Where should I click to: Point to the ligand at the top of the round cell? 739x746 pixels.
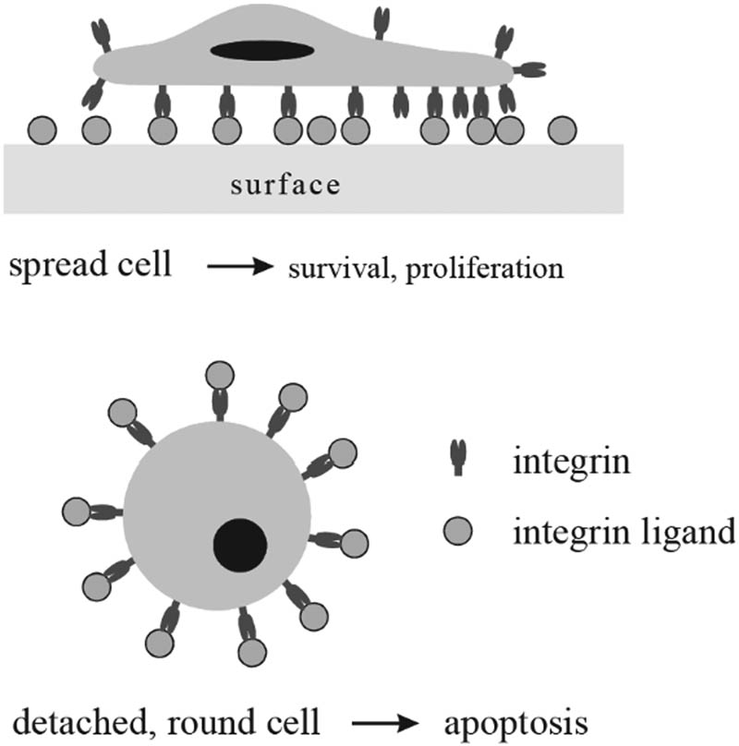[x=220, y=376]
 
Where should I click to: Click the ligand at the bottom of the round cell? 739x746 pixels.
[x=252, y=652]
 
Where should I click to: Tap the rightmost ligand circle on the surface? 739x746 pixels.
[x=561, y=131]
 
